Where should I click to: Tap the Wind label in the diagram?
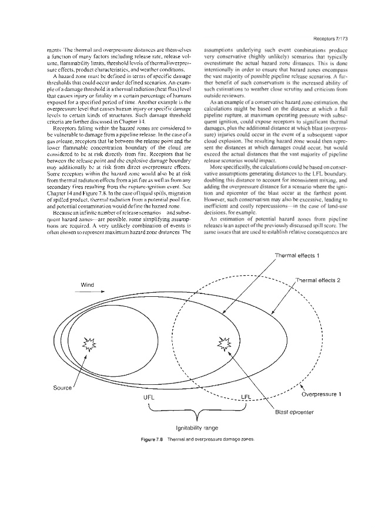[88, 285]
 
